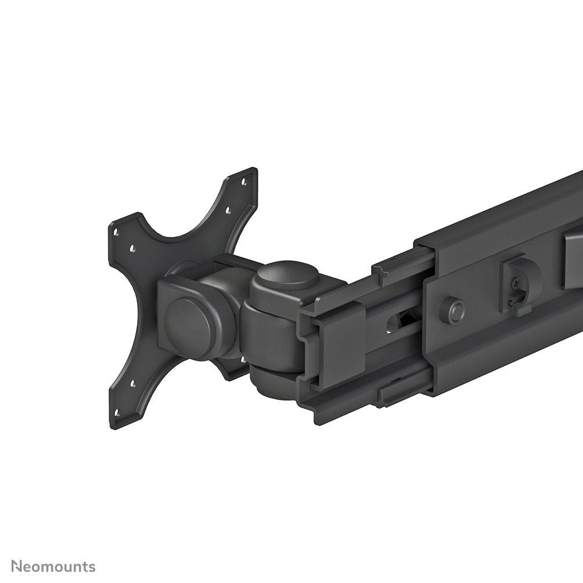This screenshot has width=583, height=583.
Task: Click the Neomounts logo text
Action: point(53,566)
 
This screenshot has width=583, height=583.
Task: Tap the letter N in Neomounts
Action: point(17,566)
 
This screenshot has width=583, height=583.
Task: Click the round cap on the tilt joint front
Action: point(187,321)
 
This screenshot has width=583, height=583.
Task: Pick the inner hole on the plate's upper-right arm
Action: point(227,211)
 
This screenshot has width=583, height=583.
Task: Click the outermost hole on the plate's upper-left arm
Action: point(117,232)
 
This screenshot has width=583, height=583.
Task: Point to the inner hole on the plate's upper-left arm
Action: point(132,248)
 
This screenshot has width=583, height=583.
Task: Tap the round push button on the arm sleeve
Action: point(452,310)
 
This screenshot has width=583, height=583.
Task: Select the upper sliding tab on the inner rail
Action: point(401,261)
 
